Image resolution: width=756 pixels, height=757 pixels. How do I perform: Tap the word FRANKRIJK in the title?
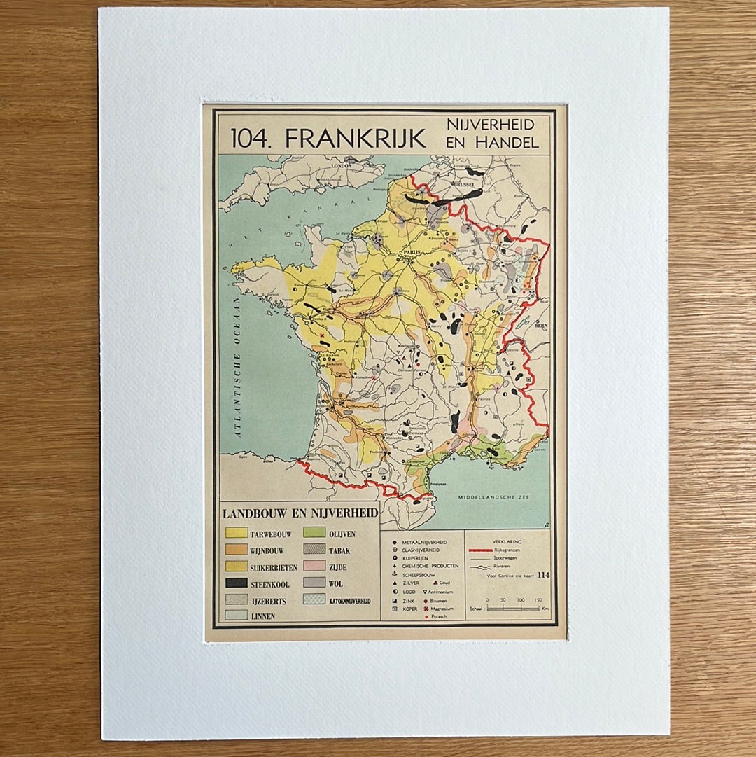[x=355, y=138]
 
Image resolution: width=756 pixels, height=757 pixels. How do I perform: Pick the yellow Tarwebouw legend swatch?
[x=236, y=534]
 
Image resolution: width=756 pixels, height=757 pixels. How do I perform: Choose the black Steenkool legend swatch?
[x=236, y=583]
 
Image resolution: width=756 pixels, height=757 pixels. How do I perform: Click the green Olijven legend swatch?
[x=314, y=534]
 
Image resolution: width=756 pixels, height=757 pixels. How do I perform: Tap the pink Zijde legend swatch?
[x=314, y=567]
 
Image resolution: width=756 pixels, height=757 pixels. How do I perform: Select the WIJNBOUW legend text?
[x=272, y=550]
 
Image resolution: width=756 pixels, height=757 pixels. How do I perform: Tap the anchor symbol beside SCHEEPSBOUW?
[x=395, y=574]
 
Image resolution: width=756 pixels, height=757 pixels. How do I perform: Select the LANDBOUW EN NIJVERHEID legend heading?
[x=300, y=513]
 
